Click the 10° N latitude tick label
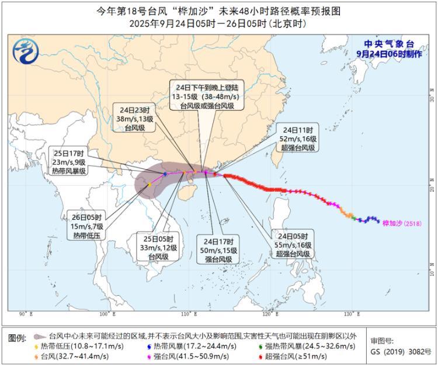pyautogui.click(x=431, y=273)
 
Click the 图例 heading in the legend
pyautogui.click(x=18, y=338)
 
